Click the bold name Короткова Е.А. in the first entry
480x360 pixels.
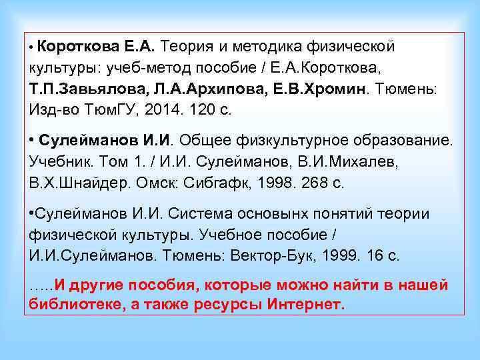coord(96,47)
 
